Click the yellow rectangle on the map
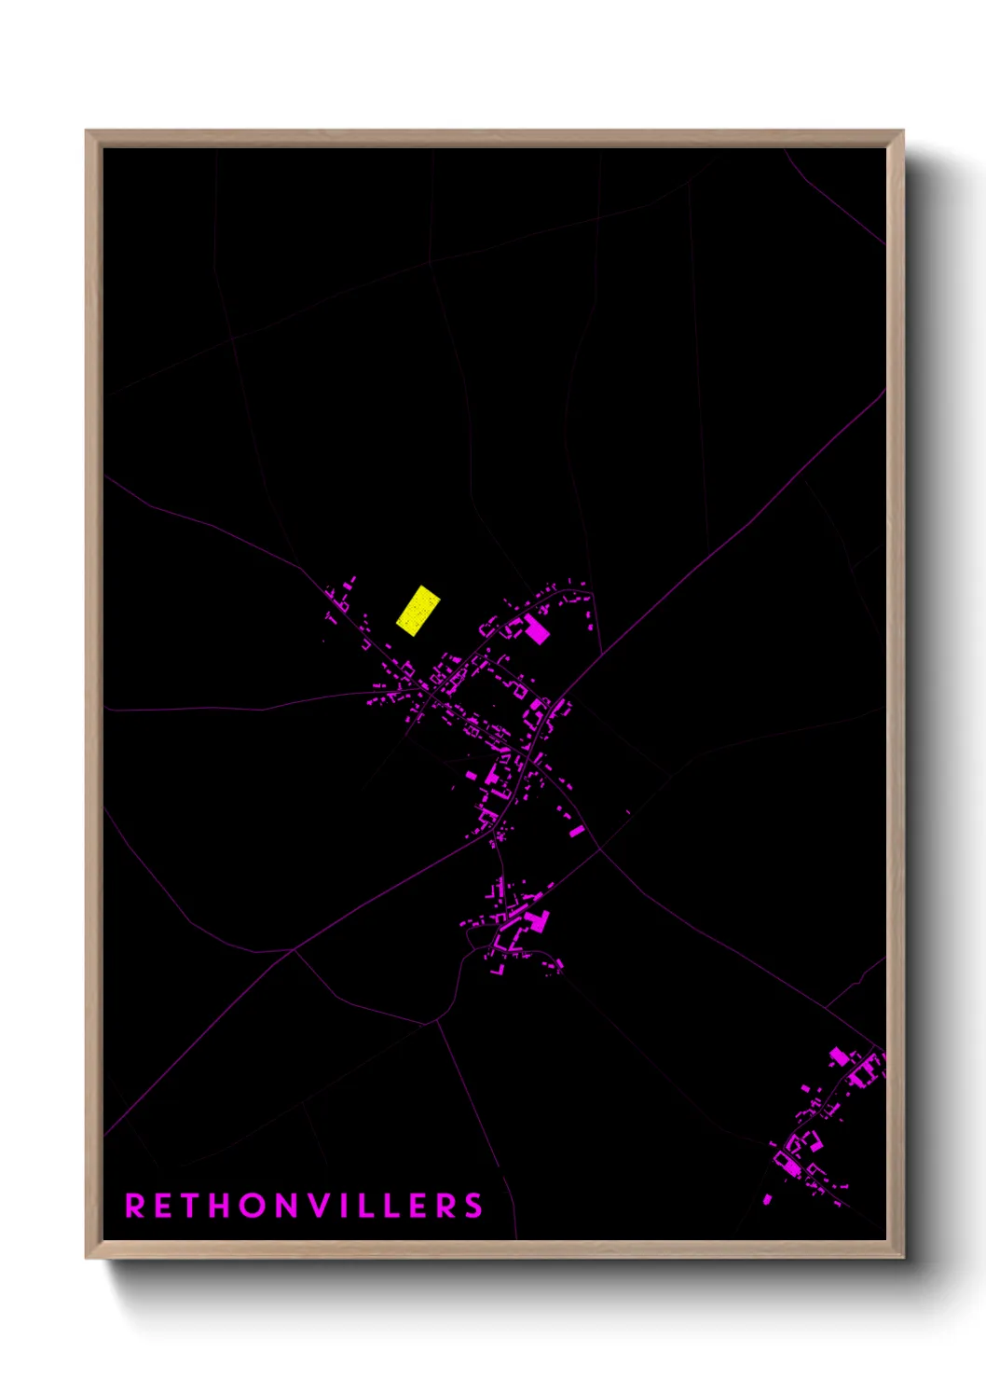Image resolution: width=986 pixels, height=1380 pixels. click(418, 611)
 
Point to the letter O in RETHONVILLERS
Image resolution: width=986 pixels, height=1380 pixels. click(254, 1206)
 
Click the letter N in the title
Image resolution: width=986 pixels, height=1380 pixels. click(290, 1206)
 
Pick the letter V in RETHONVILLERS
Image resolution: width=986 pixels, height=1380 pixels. click(322, 1206)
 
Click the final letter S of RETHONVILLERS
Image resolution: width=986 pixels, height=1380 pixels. click(473, 1206)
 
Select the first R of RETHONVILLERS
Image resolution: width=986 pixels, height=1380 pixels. click(134, 1206)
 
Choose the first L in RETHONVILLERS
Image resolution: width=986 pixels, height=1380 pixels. click(367, 1206)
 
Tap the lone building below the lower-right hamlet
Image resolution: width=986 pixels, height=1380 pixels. click(768, 1199)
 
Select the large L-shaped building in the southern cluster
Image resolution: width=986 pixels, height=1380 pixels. click(537, 921)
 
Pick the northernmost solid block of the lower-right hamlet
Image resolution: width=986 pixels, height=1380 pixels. click(838, 1056)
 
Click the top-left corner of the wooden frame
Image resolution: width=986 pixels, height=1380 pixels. click(87, 131)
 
